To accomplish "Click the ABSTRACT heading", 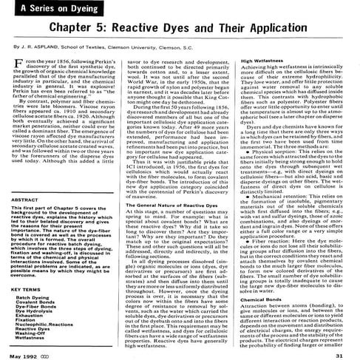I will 27,180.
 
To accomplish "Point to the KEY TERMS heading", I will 29,271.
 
